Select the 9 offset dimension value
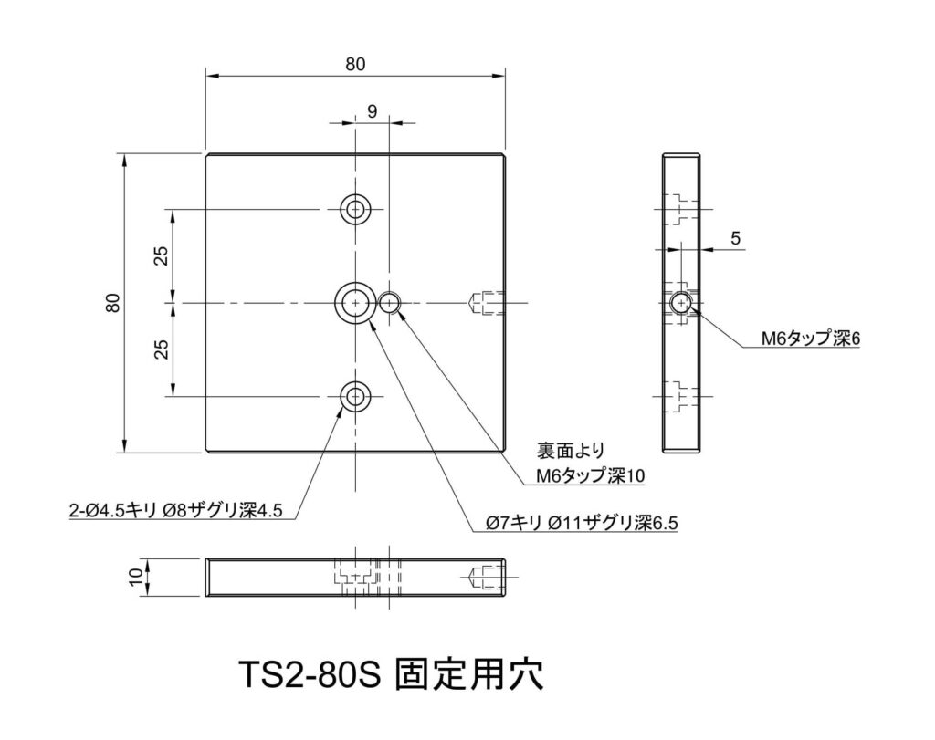[373, 111]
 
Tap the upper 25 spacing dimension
[162, 255]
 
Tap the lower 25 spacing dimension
[162, 349]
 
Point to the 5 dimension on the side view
[735, 238]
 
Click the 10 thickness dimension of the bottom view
[137, 577]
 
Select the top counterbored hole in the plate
[355, 210]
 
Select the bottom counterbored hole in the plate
[355, 396]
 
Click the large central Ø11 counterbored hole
[355, 303]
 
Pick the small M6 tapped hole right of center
[389, 303]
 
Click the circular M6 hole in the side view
[679, 303]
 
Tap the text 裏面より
[571, 451]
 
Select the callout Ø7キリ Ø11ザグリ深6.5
[582, 523]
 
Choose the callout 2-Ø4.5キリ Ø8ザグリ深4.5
[176, 511]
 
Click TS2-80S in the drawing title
[309, 674]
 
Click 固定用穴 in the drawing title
[469, 674]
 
